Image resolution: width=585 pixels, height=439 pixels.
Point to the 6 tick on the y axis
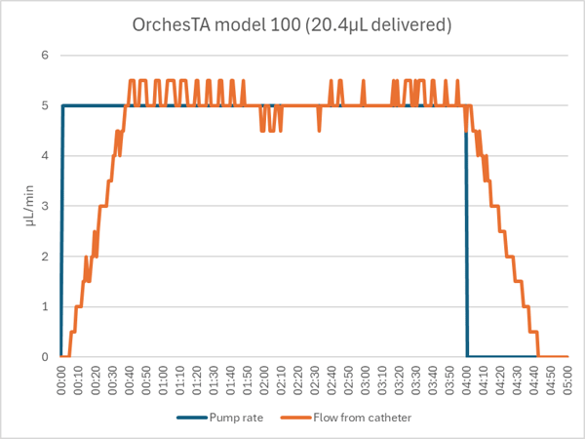(44, 55)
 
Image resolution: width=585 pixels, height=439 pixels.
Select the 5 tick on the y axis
(44, 105)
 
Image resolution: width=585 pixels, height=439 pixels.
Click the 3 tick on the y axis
(44, 206)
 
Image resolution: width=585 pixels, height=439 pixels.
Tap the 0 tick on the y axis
(44, 357)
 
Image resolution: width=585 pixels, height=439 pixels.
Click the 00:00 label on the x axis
(63, 378)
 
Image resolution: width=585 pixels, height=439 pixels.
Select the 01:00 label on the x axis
(164, 378)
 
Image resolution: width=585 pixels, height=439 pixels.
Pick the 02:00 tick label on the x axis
(265, 378)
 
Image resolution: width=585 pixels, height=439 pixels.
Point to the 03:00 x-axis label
(366, 378)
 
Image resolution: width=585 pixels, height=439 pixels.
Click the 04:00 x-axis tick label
(467, 378)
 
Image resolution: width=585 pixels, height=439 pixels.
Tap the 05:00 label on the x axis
(567, 378)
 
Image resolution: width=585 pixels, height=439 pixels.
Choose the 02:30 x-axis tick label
(315, 378)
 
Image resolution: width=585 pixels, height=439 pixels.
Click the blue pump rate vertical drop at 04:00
(466, 234)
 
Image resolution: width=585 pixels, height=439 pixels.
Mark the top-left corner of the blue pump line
(63, 105)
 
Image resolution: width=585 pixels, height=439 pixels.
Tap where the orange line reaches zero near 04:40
(538, 357)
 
